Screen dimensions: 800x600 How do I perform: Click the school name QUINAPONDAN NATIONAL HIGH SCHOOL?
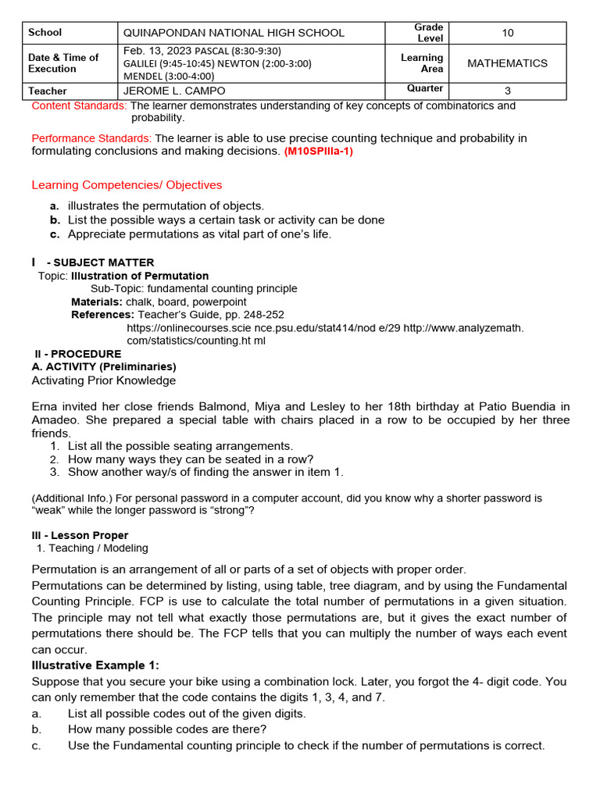(234, 33)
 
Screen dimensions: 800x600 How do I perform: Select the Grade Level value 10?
(508, 33)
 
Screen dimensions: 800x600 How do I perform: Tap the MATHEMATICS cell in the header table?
(507, 63)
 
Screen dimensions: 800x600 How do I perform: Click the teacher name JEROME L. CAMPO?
(174, 91)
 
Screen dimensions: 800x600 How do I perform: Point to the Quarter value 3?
(508, 91)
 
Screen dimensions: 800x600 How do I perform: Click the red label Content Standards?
(79, 105)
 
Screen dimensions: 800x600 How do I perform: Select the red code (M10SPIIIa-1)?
(319, 152)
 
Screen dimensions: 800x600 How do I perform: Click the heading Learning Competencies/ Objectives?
(127, 185)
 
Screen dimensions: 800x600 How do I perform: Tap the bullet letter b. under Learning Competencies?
(55, 220)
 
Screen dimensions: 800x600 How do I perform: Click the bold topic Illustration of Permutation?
(140, 276)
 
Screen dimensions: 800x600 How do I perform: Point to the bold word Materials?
(97, 302)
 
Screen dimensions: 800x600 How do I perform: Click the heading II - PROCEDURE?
(78, 354)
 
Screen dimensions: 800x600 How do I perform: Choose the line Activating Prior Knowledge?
(104, 380)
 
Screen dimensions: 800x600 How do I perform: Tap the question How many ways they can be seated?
(191, 459)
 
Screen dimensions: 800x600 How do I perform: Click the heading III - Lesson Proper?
(80, 536)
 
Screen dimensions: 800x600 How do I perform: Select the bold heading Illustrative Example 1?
(95, 666)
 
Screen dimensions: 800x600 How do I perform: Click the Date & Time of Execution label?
(63, 63)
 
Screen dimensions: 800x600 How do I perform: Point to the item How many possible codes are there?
(167, 730)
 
